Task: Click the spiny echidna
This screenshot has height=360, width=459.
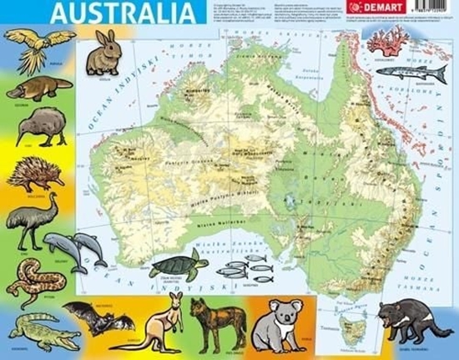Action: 36,173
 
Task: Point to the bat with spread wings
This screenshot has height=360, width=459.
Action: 97,315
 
